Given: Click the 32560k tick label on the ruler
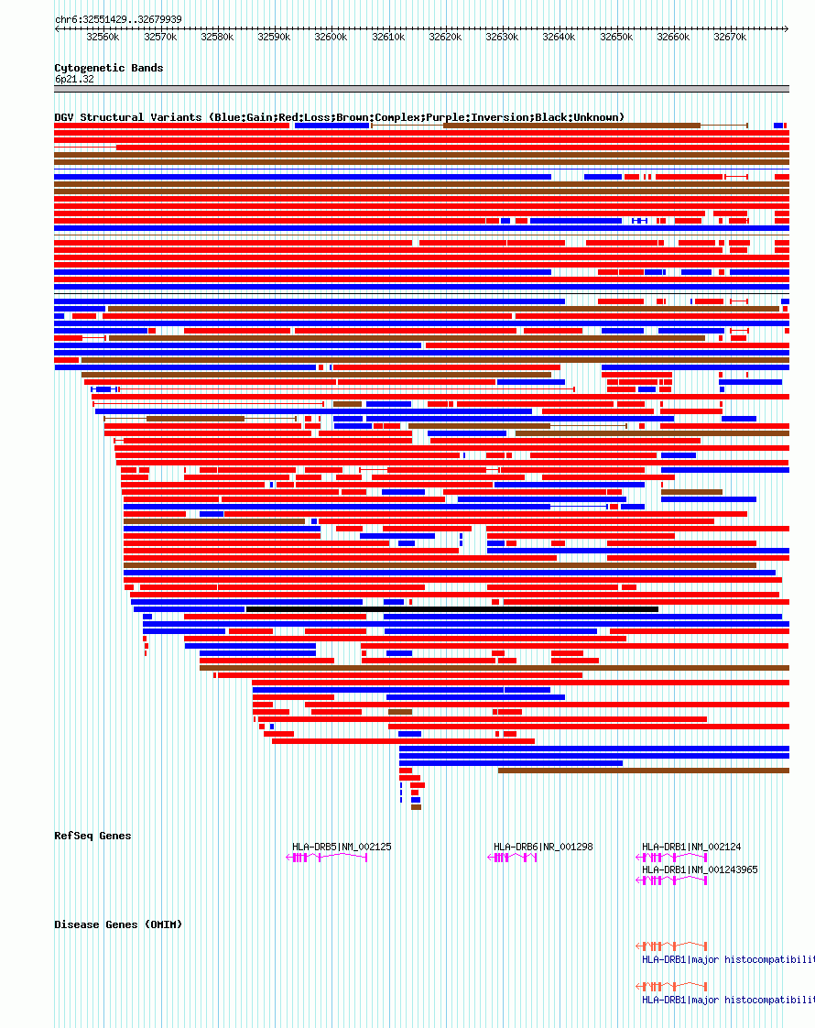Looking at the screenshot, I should pyautogui.click(x=103, y=38).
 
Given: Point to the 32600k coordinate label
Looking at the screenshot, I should pyautogui.click(x=331, y=38).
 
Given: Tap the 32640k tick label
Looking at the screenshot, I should pyautogui.click(x=559, y=38).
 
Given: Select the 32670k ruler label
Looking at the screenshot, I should pyautogui.click(x=730, y=38).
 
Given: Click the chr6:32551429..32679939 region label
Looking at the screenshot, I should pyautogui.click(x=118, y=19).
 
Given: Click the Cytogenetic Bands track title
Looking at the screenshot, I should pyautogui.click(x=109, y=68).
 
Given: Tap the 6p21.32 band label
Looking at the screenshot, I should pyautogui.click(x=74, y=80).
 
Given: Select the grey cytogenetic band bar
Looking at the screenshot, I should pyautogui.click(x=421, y=90).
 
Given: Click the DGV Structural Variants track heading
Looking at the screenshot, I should pyautogui.click(x=339, y=117).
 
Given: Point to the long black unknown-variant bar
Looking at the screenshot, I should pyautogui.click(x=451, y=609).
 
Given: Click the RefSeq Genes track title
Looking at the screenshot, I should pyautogui.click(x=92, y=836).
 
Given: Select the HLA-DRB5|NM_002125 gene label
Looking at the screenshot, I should pyautogui.click(x=342, y=847).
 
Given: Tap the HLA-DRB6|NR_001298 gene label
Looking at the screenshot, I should pyautogui.click(x=543, y=847).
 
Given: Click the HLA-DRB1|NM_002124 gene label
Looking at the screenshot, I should pyautogui.click(x=691, y=847).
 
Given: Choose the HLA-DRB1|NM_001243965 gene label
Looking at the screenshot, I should pyautogui.click(x=700, y=869).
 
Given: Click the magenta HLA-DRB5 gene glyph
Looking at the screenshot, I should pyautogui.click(x=327, y=858).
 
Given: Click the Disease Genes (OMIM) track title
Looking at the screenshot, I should pyautogui.click(x=118, y=924).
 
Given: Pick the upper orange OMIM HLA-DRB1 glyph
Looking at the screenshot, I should pyautogui.click(x=671, y=946).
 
